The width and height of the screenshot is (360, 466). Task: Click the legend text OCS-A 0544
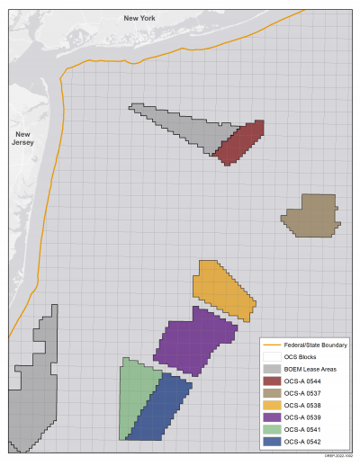point(302,381)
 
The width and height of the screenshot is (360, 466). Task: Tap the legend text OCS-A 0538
point(302,405)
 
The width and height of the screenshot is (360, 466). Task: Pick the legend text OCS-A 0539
point(302,417)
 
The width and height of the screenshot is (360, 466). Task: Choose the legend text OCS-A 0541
point(302,428)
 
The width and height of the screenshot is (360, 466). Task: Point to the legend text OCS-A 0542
point(302,440)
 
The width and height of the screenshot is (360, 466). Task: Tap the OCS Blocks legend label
point(299,357)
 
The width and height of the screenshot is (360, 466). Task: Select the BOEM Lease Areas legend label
point(308,369)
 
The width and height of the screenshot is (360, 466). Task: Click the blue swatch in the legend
point(270,440)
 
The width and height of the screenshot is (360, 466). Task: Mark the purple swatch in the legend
point(270,417)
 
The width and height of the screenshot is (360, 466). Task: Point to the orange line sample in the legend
point(270,345)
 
